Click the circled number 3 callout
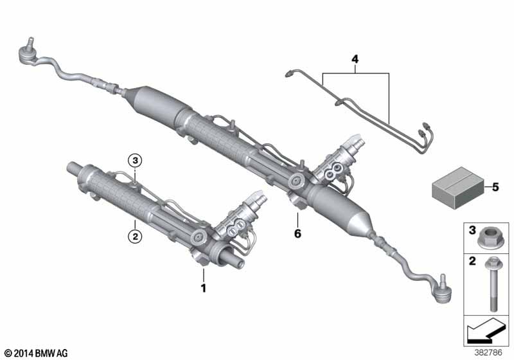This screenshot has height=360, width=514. click(x=135, y=161)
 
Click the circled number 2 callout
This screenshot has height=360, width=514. click(x=135, y=236)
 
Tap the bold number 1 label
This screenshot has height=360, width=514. click(x=204, y=288)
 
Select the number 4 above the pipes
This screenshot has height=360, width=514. click(x=355, y=59)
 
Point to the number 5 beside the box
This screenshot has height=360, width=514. click(x=495, y=187)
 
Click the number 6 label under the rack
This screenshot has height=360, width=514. click(x=297, y=234)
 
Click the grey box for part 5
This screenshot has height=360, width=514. click(x=458, y=188)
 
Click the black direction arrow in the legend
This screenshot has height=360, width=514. click(x=484, y=331)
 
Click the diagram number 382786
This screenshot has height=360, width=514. click(x=488, y=352)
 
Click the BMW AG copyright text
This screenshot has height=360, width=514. click(x=37, y=353)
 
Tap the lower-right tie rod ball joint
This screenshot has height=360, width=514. click(x=441, y=291)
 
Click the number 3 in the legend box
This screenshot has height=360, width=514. click(x=472, y=230)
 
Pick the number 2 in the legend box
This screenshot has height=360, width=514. click(x=472, y=261)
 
